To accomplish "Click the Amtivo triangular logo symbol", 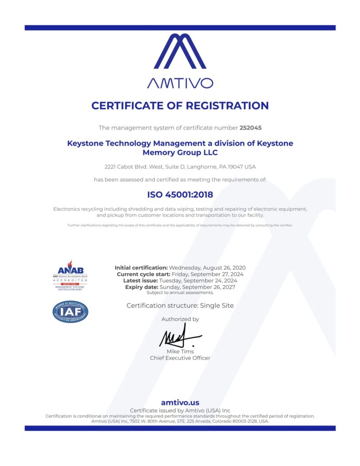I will point(180,51).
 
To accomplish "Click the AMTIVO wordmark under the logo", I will point(180,83).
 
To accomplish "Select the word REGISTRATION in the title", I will point(223,106).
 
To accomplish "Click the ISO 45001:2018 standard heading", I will point(180,195).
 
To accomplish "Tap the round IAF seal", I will point(70,312).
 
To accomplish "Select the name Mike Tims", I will point(180,351).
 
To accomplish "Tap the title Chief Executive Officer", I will point(180,358).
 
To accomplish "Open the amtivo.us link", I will point(180,402).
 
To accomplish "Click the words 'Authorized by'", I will point(180,319).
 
